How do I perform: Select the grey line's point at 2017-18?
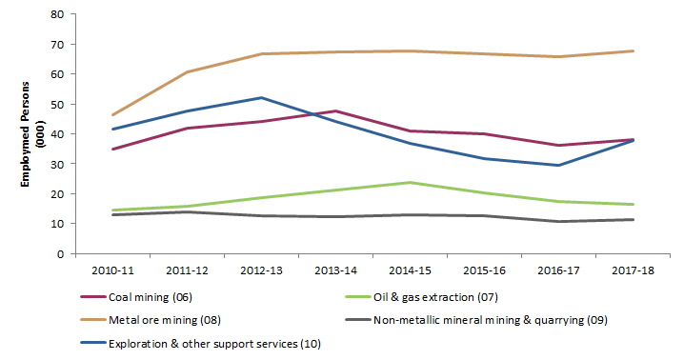(x=634, y=220)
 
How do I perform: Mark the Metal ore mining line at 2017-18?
(x=634, y=50)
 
